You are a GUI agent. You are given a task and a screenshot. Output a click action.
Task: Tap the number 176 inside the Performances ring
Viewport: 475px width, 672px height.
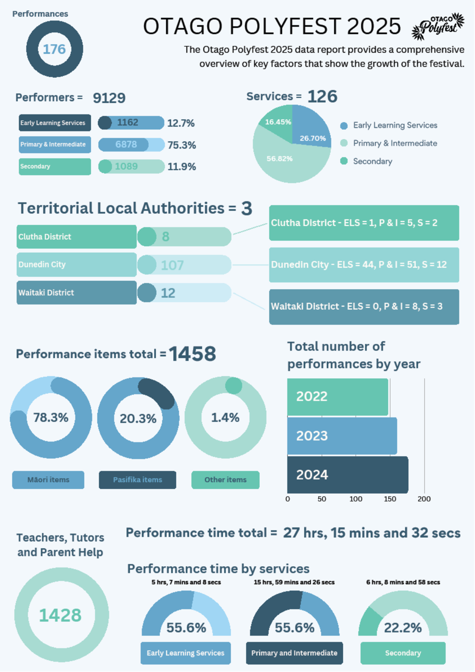tap(54, 49)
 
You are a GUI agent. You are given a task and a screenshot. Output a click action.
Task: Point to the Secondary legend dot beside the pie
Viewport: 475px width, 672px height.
tap(344, 161)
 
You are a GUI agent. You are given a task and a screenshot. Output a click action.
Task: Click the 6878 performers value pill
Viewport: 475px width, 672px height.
tap(131, 145)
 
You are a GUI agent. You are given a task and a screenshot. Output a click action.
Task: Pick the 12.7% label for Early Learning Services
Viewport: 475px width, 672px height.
tap(181, 123)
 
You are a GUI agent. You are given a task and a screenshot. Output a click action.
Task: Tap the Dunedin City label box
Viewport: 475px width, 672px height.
tap(77, 265)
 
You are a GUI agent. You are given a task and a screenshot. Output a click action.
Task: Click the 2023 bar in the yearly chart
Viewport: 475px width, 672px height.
tap(342, 436)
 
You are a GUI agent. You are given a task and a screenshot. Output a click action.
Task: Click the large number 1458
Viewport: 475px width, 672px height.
tap(193, 354)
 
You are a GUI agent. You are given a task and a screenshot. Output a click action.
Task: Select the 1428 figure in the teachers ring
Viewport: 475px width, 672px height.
tap(60, 615)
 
